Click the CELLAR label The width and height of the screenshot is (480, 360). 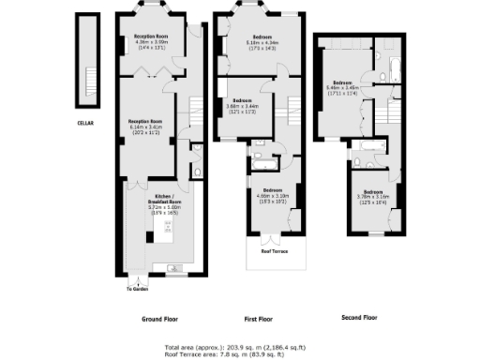point(85,122)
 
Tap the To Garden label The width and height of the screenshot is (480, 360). point(138,288)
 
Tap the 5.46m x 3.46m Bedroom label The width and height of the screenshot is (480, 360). point(344,88)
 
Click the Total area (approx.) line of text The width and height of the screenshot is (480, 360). point(241,347)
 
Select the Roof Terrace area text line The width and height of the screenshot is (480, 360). point(241,353)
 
